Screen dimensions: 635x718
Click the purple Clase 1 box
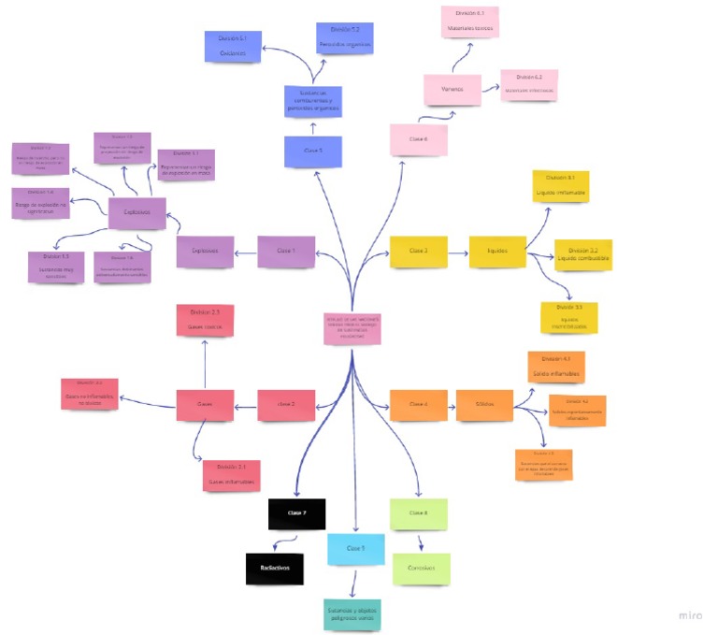(x=286, y=251)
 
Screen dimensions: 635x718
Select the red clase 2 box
(x=286, y=405)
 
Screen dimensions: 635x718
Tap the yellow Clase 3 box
(x=418, y=252)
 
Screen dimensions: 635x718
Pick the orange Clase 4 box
(x=418, y=405)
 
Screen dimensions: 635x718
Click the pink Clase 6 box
(x=418, y=138)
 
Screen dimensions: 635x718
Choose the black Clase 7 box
(x=296, y=514)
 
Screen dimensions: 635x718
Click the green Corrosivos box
(x=422, y=569)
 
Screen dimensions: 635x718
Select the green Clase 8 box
(x=418, y=513)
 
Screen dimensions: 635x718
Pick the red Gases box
(x=205, y=405)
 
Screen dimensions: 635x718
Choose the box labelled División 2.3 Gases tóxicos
(x=205, y=320)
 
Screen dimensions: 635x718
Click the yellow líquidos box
(x=497, y=252)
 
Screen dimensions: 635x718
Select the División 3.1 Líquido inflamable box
(x=560, y=186)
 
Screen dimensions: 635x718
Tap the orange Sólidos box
(x=484, y=405)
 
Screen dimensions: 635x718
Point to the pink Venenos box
(x=452, y=90)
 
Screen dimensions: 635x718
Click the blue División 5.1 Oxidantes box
(x=232, y=47)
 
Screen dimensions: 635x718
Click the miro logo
(x=690, y=614)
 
